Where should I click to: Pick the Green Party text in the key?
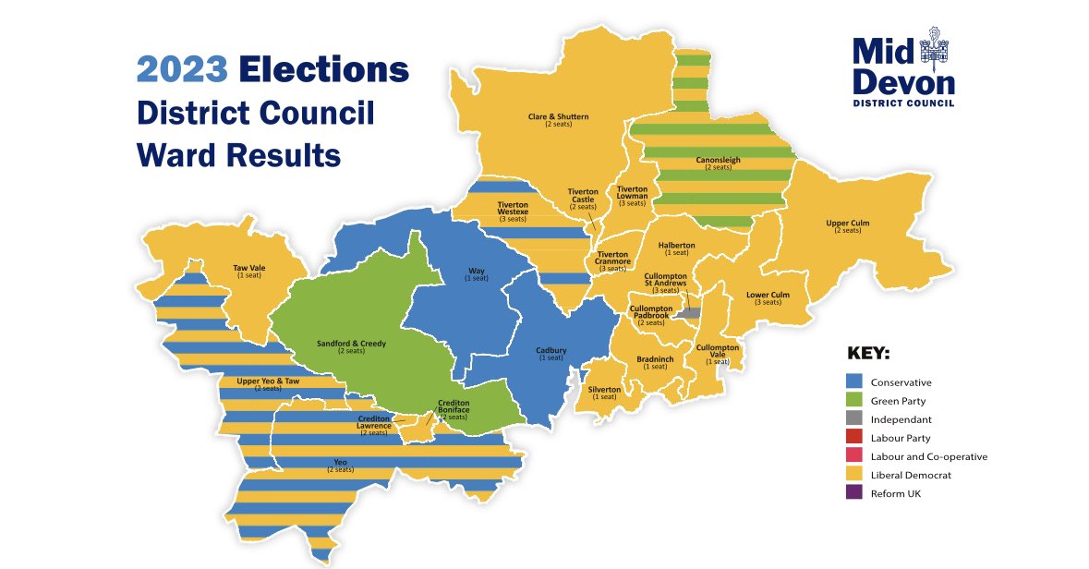pyautogui.click(x=898, y=401)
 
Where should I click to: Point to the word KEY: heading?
pyautogui.click(x=869, y=354)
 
